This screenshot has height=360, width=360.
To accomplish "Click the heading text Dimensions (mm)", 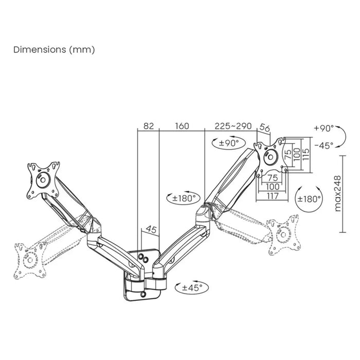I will [x=54, y=50].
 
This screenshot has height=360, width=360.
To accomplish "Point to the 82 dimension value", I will [x=149, y=126].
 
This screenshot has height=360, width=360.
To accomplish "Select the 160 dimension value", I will [x=182, y=126].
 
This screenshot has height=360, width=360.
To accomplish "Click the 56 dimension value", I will [x=265, y=128].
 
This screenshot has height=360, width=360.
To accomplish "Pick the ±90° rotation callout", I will [x=228, y=143].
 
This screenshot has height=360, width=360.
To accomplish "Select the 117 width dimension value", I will [x=273, y=196].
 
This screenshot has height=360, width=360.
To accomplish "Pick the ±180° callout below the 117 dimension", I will [x=309, y=199].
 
